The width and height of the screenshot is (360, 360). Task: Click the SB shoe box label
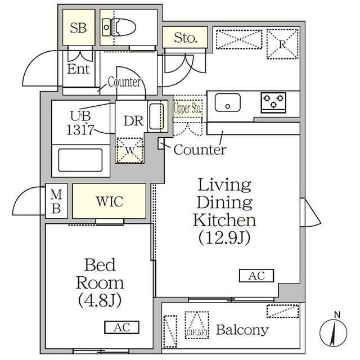pos(78,28)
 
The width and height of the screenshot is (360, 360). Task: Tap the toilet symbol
pos(119,28)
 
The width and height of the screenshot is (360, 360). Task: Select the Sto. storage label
pos(186,38)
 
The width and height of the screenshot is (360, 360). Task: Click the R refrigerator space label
pos(282,44)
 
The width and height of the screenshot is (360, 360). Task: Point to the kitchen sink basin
pos(227,102)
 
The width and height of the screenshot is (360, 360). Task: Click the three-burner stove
pos(273,102)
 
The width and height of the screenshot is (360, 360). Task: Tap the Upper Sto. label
pos(187,108)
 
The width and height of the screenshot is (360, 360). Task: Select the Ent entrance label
pos(78,69)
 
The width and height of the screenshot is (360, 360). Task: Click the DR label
pos(133,121)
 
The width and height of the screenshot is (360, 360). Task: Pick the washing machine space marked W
pos(130,150)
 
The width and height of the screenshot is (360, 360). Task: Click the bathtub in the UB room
pos(80,160)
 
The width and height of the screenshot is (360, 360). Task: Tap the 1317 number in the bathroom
pos(80,130)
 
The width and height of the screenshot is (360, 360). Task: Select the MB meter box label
pos(56,201)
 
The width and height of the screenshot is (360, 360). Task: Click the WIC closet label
pos(110,201)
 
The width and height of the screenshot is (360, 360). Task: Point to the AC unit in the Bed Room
pos(121,327)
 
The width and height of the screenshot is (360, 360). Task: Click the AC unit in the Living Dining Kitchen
pos(256,276)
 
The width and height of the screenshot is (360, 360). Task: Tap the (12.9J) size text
pos(224,237)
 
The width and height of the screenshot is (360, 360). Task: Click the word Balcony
pos(242,330)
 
